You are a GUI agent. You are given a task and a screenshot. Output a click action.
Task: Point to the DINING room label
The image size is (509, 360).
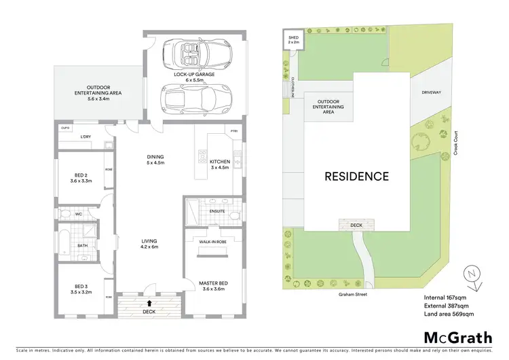pyautogui.click(x=156, y=160)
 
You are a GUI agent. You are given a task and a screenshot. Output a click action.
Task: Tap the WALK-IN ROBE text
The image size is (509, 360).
pyautogui.click(x=212, y=241)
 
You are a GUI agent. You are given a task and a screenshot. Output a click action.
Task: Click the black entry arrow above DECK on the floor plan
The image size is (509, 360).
pyautogui.click(x=148, y=303)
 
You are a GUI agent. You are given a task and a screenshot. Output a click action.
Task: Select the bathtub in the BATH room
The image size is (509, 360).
pyautogui.click(x=64, y=245)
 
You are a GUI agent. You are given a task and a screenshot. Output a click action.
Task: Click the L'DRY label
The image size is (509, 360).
pyautogui.click(x=86, y=137)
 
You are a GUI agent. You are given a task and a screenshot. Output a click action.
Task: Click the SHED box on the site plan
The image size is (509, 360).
pyautogui.click(x=294, y=41)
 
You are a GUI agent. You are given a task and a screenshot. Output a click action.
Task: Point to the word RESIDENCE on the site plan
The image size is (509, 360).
pyautogui.click(x=356, y=177)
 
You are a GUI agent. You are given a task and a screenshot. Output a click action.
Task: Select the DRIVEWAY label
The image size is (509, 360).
pyautogui.click(x=431, y=92)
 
